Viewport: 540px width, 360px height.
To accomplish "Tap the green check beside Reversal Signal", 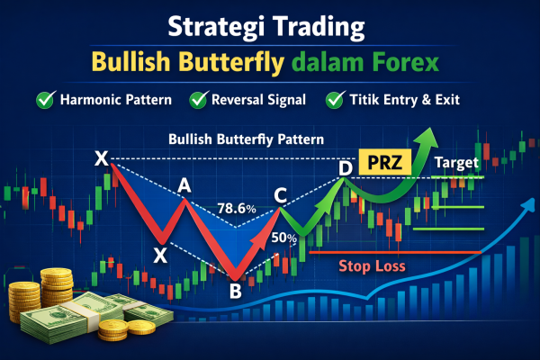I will [x=198, y=101].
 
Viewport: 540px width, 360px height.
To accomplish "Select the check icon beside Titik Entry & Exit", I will [x=337, y=101].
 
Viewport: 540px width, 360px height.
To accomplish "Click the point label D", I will [x=345, y=167].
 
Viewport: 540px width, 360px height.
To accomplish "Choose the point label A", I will [x=184, y=186].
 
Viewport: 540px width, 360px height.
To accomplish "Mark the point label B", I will [x=235, y=290].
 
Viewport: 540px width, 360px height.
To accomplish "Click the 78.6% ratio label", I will [x=237, y=209].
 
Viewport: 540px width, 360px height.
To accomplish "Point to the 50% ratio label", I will [x=284, y=238].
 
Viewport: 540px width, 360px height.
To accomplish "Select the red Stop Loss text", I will [x=372, y=266].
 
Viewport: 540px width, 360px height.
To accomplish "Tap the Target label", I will [x=457, y=164].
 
